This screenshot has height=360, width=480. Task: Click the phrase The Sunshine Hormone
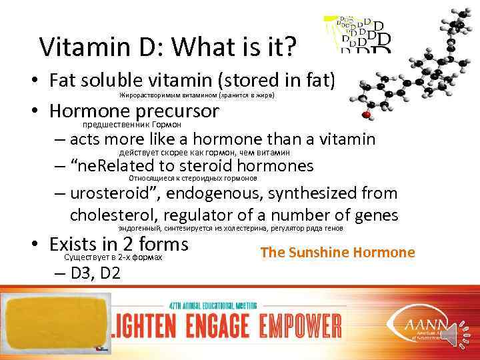(x=337, y=253)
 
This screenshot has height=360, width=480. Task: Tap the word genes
(x=375, y=215)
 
